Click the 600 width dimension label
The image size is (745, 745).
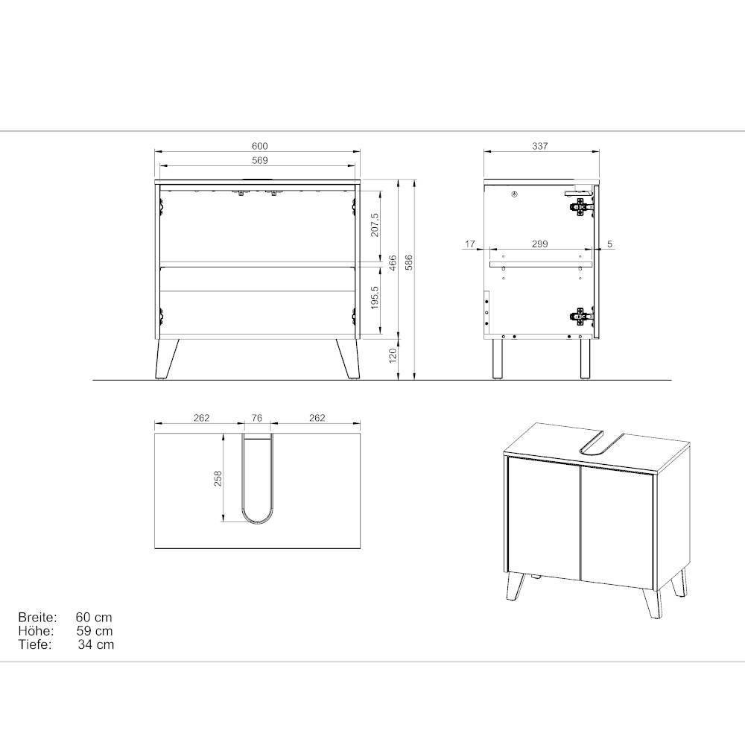[260, 146]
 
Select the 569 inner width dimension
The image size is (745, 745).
[260, 160]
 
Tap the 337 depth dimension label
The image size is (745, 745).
[540, 146]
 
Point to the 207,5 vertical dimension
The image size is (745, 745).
[375, 225]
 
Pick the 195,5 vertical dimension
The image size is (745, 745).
[375, 298]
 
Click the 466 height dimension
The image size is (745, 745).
[393, 263]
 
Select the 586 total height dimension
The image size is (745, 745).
[409, 263]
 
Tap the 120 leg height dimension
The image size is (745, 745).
[393, 355]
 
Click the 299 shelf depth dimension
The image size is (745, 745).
[539, 244]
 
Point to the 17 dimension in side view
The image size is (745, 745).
[470, 244]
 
